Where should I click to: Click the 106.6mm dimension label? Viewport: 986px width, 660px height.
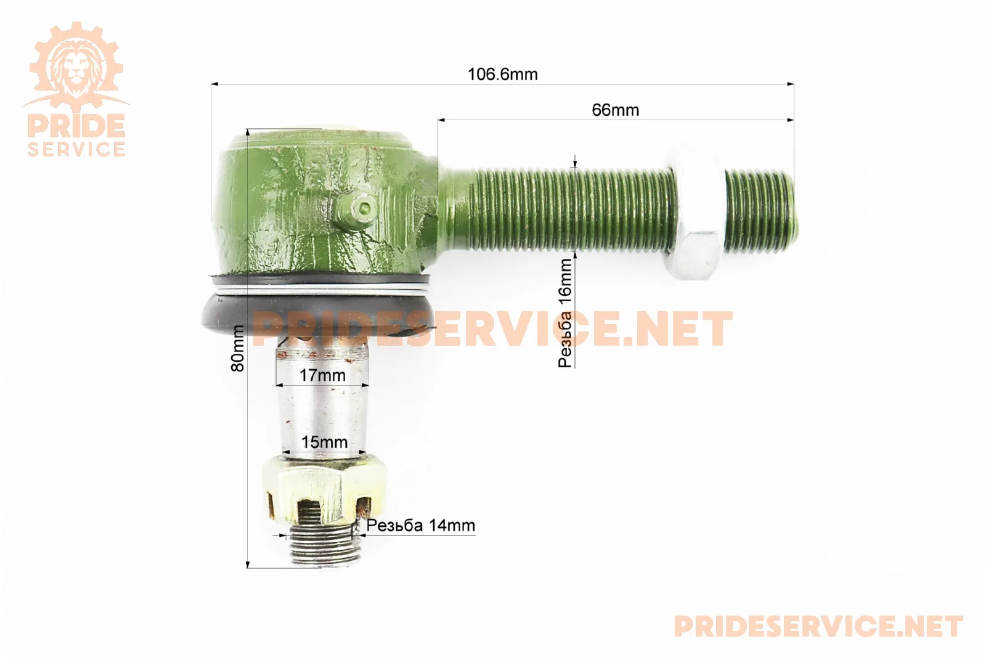click(503, 75)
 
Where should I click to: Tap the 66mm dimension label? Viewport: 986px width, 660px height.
click(616, 110)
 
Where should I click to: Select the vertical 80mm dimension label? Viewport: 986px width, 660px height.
click(238, 348)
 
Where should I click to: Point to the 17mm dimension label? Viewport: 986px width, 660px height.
click(322, 375)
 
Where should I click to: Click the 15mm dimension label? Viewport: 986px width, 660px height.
click(324, 442)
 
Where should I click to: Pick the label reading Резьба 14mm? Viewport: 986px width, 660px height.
click(421, 525)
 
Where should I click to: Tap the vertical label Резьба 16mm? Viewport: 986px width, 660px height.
click(565, 313)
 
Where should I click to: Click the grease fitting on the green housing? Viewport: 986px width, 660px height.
click(355, 211)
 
